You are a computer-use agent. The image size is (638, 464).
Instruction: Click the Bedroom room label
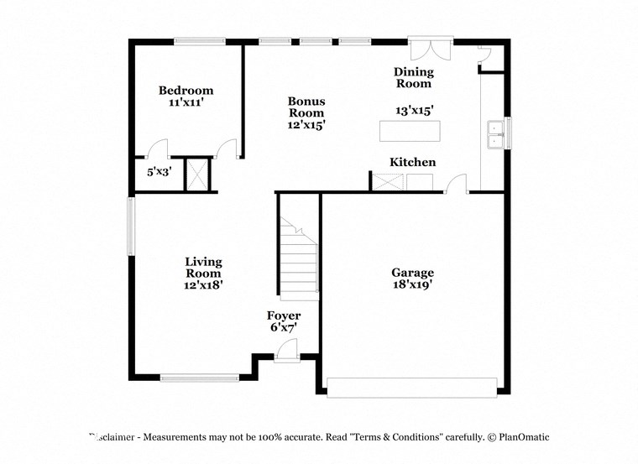click(x=186, y=91)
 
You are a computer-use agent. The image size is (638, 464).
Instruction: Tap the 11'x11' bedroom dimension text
click(x=186, y=102)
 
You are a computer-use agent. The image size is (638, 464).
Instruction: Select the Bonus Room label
click(x=306, y=107)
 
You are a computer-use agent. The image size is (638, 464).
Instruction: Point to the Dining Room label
click(x=413, y=77)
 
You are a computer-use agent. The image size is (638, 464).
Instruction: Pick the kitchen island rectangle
click(x=409, y=131)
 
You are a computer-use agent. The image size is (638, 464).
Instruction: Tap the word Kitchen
click(x=412, y=162)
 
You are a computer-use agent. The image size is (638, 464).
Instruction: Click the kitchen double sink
click(x=497, y=134)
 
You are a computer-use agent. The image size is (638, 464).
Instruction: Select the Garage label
click(x=412, y=273)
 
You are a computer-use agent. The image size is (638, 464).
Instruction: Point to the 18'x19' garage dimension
click(x=412, y=284)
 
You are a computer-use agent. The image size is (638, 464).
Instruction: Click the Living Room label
click(x=203, y=268)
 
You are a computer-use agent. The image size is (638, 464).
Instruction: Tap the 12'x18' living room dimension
click(x=203, y=284)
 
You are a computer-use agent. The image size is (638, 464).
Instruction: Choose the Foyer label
click(x=284, y=315)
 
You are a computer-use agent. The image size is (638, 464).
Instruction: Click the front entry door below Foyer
click(x=287, y=357)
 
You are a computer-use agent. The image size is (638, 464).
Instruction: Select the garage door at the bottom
click(x=411, y=387)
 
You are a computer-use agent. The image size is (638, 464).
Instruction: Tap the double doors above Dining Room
click(x=431, y=48)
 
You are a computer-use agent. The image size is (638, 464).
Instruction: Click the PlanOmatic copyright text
click(x=518, y=437)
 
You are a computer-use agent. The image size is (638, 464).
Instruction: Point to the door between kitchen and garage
click(x=456, y=184)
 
